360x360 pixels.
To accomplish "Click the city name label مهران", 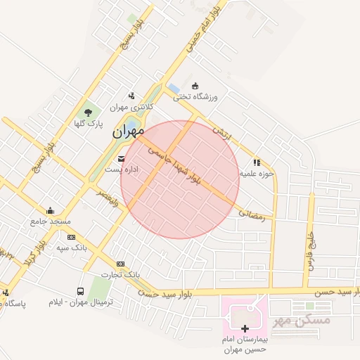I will coord(127,130).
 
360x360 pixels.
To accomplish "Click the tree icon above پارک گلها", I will coord(88,112).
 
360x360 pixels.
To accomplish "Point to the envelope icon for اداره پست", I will coord(122,159).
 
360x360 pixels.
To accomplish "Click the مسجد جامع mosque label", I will coord(50,221).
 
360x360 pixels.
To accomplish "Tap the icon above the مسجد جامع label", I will coord(50,210).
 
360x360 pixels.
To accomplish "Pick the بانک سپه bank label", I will coord(71,248).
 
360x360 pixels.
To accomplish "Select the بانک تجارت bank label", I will coord(120,274).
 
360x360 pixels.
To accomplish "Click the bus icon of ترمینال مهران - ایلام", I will coord(80,291).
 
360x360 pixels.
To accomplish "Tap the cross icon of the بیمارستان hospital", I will coord(245,328).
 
